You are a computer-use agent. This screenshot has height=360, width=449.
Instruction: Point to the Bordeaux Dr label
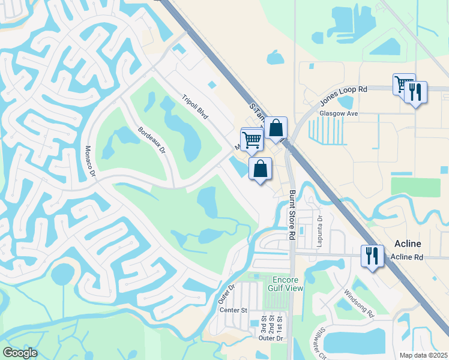151,140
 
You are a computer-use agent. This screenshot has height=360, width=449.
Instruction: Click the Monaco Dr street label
90,161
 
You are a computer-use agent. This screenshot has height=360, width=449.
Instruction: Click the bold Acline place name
408,244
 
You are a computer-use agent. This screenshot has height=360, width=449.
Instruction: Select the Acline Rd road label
406,257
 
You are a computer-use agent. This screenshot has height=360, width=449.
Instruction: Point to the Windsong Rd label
358,304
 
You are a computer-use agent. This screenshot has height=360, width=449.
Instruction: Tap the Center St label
234,310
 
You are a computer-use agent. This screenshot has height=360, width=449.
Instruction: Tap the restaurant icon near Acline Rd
372,256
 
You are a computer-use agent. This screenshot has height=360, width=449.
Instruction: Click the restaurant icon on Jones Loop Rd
415,92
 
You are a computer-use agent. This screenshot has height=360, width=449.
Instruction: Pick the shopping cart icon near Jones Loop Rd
403,83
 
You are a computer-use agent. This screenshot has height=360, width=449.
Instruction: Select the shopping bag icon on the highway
276,128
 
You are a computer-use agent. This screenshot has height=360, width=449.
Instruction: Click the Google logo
20,353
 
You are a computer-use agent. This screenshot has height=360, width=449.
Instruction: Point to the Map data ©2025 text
424,355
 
